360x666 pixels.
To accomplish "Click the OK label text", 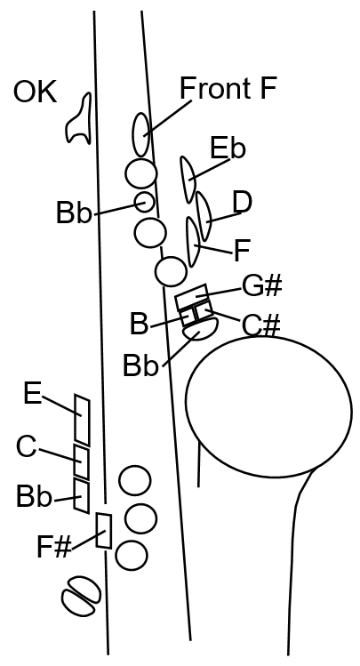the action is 36,92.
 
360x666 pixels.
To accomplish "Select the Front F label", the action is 228,88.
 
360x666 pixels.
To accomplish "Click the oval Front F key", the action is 141,134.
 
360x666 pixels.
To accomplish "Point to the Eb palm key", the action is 188,179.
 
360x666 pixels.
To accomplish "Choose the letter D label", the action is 243,202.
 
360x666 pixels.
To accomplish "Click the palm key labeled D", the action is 204,216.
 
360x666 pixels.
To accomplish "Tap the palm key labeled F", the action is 193,242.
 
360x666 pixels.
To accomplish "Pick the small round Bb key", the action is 144,202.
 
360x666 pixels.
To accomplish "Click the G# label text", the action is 262,285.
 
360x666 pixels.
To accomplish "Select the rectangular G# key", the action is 192,295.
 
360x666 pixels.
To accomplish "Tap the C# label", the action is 261,325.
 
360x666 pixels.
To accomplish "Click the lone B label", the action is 140,324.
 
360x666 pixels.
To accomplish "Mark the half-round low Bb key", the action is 201,330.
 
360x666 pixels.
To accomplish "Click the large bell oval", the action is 268,406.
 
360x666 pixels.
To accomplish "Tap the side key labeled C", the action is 82,461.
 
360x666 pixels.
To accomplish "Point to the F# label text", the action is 54,547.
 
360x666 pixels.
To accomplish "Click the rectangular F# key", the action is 104,531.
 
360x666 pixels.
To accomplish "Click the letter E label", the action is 33,393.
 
